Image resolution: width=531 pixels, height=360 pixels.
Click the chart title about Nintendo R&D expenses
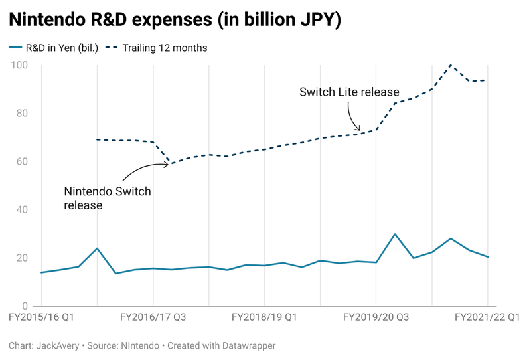click(175, 20)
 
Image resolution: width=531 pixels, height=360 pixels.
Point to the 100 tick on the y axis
click(19, 65)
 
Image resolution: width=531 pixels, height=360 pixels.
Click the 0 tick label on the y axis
click(24, 306)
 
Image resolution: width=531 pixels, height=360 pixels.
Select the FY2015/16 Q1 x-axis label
click(41, 318)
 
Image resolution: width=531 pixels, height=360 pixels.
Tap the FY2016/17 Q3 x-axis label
click(153, 318)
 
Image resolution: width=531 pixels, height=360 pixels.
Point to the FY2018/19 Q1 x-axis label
click(265, 318)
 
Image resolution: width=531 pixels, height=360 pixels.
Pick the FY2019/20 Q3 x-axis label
click(376, 318)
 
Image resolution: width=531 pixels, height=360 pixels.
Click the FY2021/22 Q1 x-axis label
click(487, 318)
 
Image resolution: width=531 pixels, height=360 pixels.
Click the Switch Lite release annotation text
click(349, 92)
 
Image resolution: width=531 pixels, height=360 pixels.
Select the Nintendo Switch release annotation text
click(108, 198)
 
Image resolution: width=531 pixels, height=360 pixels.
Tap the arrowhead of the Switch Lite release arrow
click(360, 130)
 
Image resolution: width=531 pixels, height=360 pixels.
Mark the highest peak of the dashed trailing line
click(451, 65)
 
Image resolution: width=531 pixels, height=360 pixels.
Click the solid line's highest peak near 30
click(395, 234)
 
